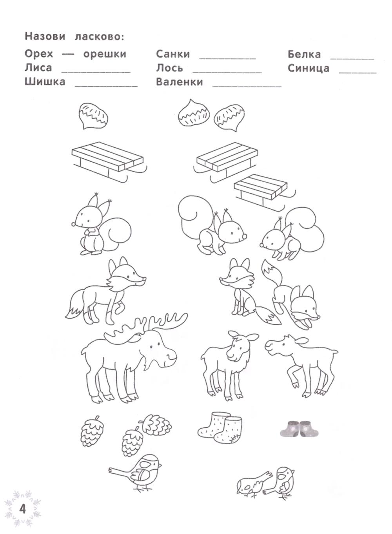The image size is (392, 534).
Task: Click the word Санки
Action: coord(173,54)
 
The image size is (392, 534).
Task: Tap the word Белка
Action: coord(304,54)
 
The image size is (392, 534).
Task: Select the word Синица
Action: coord(308,69)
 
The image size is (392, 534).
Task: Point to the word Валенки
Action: coord(180,82)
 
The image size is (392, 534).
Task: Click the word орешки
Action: coord(105,54)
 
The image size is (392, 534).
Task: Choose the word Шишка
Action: coord(45,81)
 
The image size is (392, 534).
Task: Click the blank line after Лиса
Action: coord(96,72)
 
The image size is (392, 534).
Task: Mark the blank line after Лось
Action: coord(227,72)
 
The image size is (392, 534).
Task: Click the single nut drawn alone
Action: coord(93,116)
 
